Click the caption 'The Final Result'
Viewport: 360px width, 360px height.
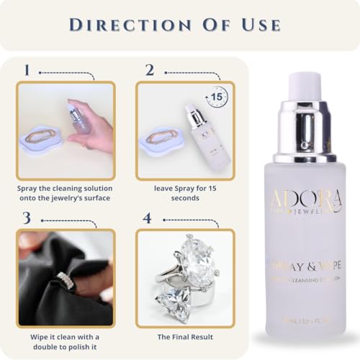point(185,337)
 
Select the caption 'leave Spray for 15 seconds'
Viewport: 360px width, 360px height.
point(185,192)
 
